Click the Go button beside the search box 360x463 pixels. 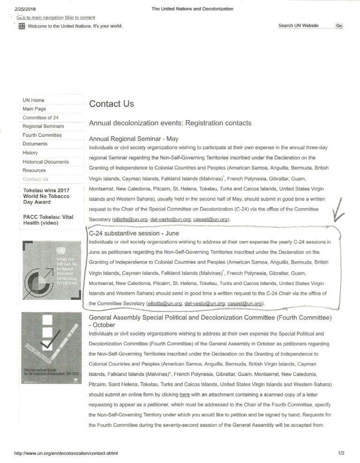point(339,26)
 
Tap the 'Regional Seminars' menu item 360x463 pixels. point(44,126)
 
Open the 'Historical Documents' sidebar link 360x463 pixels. point(46,162)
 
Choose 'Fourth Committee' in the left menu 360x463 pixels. point(42,135)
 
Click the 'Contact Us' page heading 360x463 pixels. point(112,104)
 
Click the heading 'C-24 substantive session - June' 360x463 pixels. point(134,233)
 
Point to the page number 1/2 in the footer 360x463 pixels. point(340,454)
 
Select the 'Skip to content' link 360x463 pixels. point(80,17)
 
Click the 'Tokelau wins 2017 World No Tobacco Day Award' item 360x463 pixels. point(46,196)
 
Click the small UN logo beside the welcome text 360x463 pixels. point(22,26)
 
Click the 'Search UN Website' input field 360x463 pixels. point(305,26)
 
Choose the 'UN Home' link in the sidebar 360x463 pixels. point(33,100)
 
